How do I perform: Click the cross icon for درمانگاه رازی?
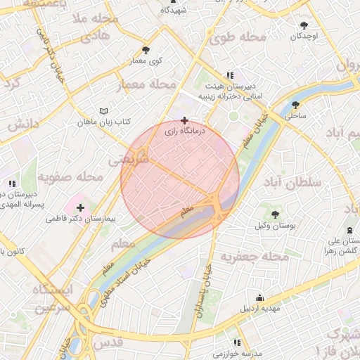click(x=184, y=120)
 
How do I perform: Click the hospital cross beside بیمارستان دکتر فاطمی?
click(x=81, y=207)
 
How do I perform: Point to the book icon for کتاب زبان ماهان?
click(x=104, y=111)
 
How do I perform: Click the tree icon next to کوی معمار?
click(x=146, y=50)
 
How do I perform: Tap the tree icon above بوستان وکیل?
click(x=275, y=214)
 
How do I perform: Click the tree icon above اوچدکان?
click(x=304, y=25)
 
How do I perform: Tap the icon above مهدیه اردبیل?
click(x=260, y=297)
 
